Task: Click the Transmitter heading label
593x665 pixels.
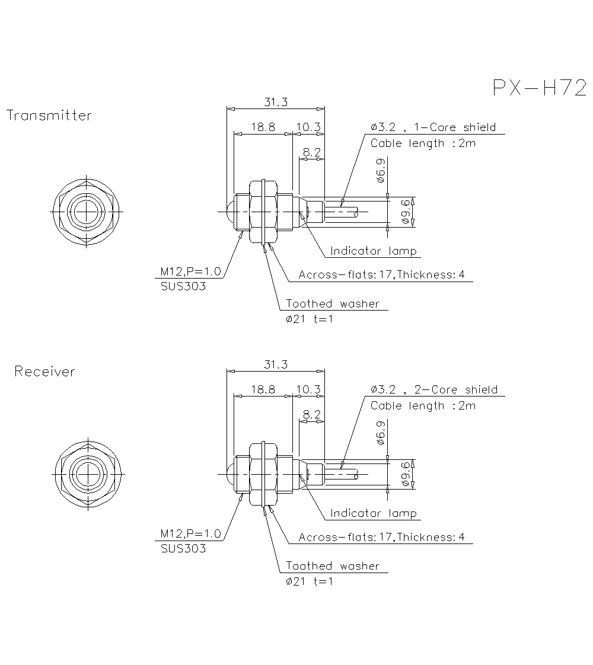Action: (49, 116)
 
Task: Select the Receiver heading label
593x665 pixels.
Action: (45, 372)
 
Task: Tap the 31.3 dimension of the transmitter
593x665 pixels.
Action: (276, 102)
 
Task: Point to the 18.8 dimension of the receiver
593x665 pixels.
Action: (263, 389)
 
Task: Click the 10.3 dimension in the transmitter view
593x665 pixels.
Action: (308, 127)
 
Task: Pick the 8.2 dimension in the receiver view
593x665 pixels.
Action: (311, 414)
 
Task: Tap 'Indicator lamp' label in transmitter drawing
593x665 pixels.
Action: (374, 251)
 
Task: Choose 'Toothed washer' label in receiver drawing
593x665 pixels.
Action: (333, 566)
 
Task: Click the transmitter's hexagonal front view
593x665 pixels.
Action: (87, 211)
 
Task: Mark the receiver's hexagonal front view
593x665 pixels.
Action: (88, 474)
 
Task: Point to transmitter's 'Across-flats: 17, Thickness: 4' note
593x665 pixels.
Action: (381, 275)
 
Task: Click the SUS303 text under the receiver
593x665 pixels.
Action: (183, 549)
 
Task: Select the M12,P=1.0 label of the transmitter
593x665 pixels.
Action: (190, 271)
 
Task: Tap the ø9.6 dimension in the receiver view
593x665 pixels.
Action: (406, 474)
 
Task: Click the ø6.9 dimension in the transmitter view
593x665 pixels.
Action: (381, 171)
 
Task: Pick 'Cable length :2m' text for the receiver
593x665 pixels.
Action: (423, 405)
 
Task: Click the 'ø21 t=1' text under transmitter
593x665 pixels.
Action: (309, 319)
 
